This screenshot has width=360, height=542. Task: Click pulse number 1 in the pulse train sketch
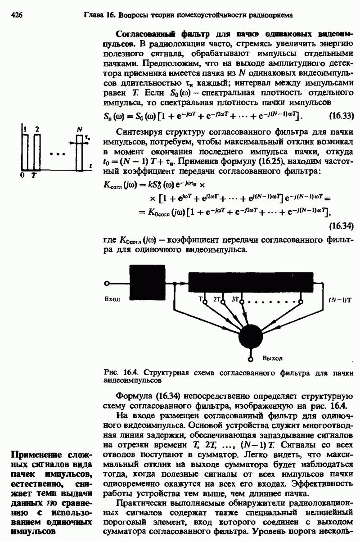point(26,151)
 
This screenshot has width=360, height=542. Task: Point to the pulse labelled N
point(80,151)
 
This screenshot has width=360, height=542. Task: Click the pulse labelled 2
point(38,151)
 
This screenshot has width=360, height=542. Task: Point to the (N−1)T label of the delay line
point(337,299)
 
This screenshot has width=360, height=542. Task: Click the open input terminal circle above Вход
point(107,284)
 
